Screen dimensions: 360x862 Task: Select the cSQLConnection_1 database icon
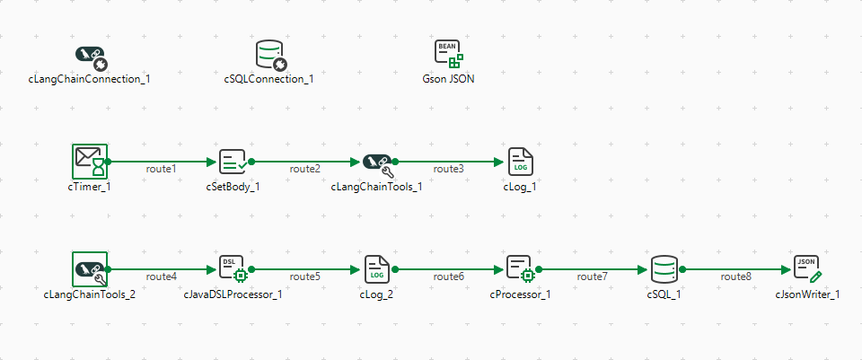pos(269,55)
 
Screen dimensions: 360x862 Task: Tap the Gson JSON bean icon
pos(448,55)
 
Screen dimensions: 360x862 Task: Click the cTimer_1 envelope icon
pos(89,162)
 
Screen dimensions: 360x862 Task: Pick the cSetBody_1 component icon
pos(233,162)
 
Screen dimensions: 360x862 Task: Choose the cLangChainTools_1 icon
pos(376,162)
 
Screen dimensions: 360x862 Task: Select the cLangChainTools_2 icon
pos(89,268)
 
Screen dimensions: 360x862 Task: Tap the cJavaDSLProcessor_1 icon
pos(233,268)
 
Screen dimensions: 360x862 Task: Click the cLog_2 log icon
pos(376,268)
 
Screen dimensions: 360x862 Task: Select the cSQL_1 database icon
pos(664,268)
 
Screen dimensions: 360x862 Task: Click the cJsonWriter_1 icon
pos(808,268)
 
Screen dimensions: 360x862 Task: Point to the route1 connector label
pos(162,169)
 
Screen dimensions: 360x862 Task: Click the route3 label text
pos(449,169)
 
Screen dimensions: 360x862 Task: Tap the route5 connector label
pos(305,276)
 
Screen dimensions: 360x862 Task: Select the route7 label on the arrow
pos(593,276)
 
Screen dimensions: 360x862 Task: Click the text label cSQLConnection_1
pos(269,79)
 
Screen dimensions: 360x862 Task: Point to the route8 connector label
pos(736,276)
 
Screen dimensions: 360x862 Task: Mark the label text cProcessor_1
pos(521,294)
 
